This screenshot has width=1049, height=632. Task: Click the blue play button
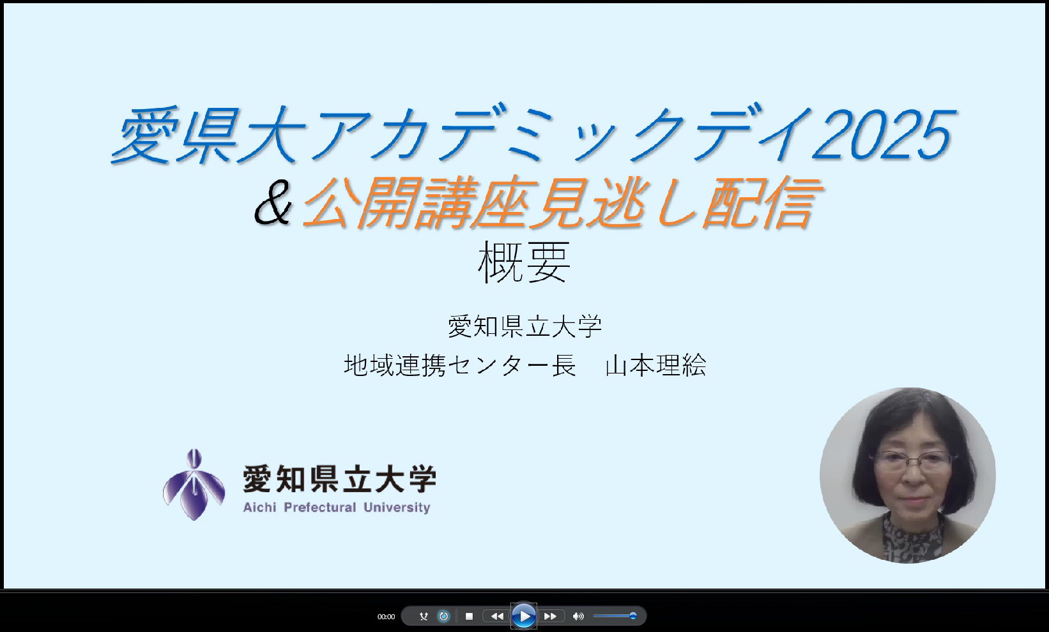click(524, 616)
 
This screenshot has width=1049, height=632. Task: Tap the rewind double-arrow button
click(497, 617)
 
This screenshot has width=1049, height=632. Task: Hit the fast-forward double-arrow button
click(550, 617)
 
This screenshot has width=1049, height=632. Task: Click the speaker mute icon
click(578, 617)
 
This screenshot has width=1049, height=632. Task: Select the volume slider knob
click(632, 616)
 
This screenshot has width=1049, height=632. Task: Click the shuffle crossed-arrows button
click(424, 617)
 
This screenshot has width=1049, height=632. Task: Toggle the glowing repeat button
click(443, 617)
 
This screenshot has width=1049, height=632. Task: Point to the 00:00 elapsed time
click(387, 617)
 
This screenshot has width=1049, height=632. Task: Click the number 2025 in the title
click(884, 135)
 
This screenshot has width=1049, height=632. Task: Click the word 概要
click(524, 262)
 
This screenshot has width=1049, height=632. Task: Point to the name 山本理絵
click(656, 365)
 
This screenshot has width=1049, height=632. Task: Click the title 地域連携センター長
click(460, 365)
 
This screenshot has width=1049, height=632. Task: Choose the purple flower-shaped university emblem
click(194, 485)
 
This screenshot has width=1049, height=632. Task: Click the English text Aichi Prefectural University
click(337, 508)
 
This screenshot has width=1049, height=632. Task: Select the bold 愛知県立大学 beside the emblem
click(340, 479)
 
